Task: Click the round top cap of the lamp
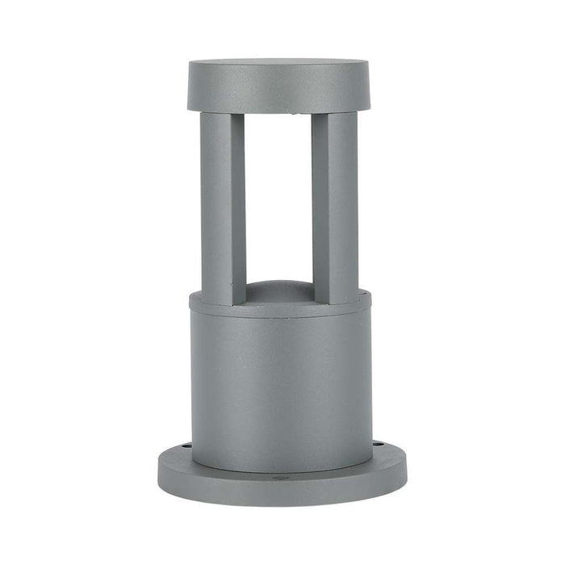point(278,86)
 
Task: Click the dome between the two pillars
point(278,291)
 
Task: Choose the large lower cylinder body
point(281,387)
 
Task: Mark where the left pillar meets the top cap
point(223,115)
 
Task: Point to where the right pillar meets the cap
point(335,115)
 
